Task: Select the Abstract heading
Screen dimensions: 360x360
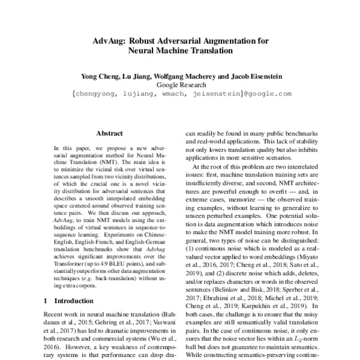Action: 109,133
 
